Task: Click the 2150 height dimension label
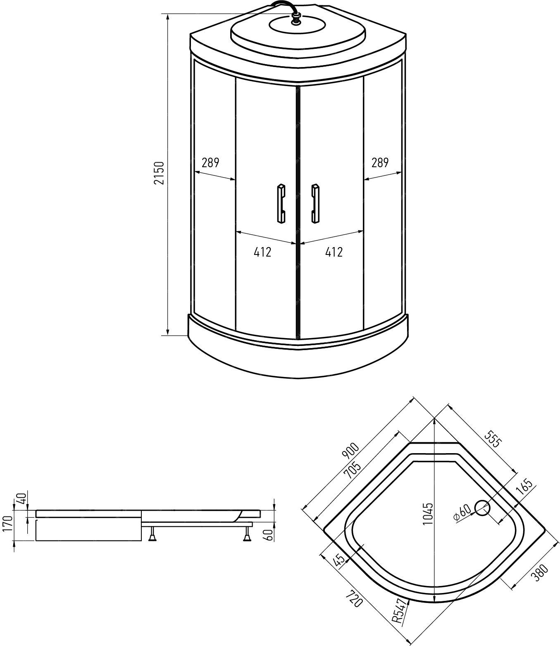click(159, 173)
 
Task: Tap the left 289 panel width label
click(210, 163)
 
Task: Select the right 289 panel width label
click(380, 163)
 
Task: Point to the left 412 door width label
click(262, 252)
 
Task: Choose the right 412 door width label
click(334, 252)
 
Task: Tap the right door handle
click(315, 204)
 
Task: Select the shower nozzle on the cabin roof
click(296, 19)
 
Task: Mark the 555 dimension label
click(493, 439)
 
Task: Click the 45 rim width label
click(339, 561)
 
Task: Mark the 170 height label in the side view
click(7, 526)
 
